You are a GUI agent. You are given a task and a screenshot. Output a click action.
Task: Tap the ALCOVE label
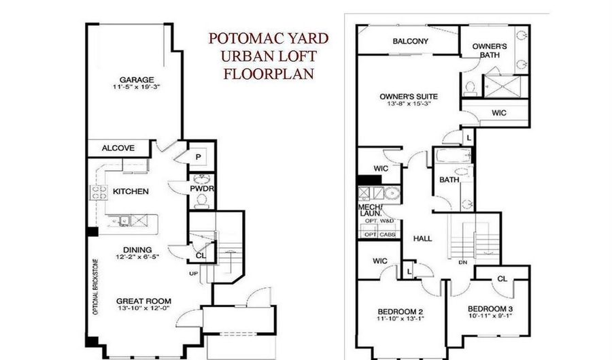[118, 148]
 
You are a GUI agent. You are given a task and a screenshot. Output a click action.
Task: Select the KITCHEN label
[131, 192]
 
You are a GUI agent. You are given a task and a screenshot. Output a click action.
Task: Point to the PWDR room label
[203, 188]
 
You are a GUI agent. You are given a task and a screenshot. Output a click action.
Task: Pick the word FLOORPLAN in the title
[269, 73]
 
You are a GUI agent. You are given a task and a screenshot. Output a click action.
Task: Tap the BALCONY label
[410, 42]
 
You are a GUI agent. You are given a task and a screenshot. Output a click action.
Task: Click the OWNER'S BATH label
[486, 50]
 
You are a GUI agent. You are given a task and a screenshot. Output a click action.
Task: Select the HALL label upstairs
[423, 239]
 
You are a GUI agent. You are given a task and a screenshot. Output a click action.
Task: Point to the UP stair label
[193, 273]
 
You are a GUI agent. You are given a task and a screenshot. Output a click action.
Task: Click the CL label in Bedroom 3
[502, 278]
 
